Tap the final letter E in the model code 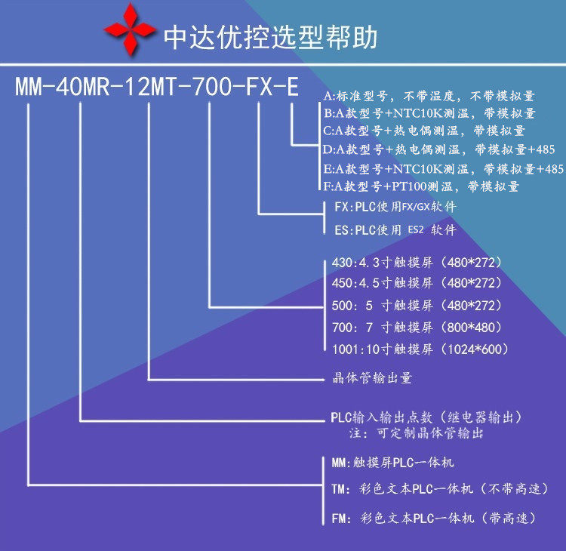click(x=291, y=87)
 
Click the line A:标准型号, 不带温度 click(x=429, y=97)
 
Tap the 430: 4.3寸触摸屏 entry click(x=417, y=263)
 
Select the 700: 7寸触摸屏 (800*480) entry click(x=417, y=328)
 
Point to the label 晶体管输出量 click(x=373, y=378)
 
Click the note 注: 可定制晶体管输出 click(x=415, y=434)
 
